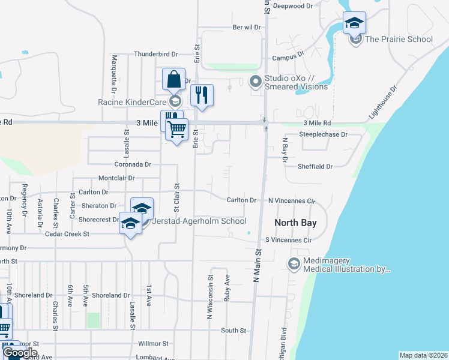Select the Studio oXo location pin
(256, 80)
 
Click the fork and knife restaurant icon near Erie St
(202, 95)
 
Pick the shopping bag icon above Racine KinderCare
(173, 79)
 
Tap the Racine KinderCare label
(132, 102)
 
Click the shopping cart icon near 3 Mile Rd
(176, 129)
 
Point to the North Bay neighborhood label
(295, 223)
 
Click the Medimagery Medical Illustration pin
(294, 263)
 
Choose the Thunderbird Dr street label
(157, 53)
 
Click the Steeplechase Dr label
(324, 134)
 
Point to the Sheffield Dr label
(315, 166)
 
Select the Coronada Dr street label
(133, 164)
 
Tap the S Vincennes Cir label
(289, 240)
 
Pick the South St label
(234, 330)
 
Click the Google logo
(20, 353)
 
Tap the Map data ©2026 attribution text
(423, 355)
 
